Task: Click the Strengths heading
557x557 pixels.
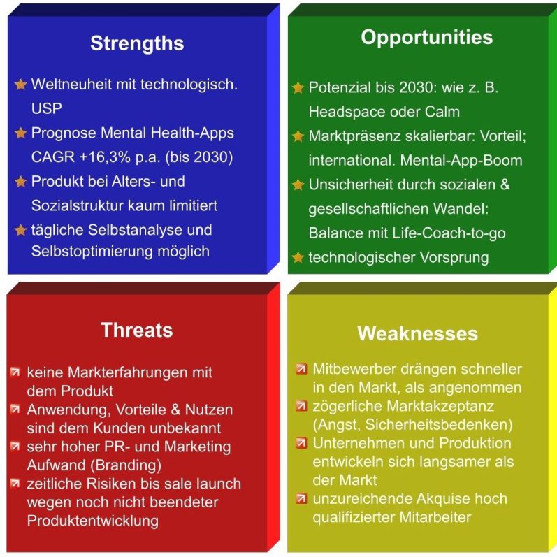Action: point(137,43)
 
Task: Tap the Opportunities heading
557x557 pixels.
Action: point(426,38)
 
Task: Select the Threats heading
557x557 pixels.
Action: point(137,330)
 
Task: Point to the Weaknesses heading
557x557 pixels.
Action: point(417,333)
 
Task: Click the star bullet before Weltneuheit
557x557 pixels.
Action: point(20,85)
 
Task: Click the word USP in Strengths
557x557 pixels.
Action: point(47,108)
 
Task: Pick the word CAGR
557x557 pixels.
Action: point(52,157)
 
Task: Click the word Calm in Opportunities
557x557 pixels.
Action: point(442,112)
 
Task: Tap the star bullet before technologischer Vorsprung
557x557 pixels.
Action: point(298,257)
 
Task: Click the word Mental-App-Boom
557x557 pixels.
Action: point(461,160)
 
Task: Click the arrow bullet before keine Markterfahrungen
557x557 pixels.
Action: point(15,372)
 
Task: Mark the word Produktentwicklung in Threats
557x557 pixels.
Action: point(93,521)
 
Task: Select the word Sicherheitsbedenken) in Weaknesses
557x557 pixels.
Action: point(439,424)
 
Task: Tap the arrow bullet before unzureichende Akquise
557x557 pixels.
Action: point(301,499)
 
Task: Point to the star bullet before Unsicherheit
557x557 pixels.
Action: point(298,185)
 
